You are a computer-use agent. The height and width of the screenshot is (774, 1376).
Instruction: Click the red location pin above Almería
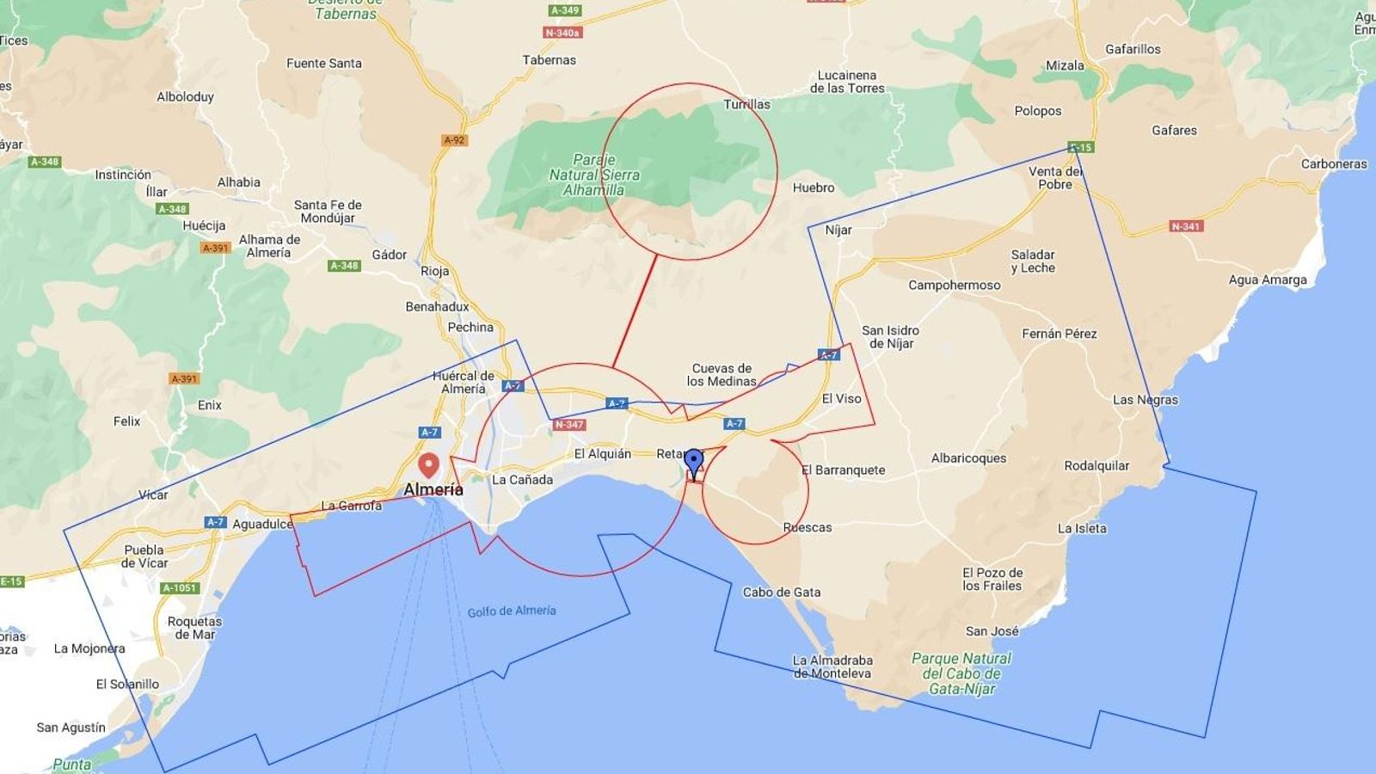point(428,465)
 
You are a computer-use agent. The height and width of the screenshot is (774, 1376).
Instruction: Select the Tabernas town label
point(549,60)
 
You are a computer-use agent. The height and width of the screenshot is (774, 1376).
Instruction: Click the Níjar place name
point(838,230)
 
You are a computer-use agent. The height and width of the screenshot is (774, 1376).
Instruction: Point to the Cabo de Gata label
point(782,592)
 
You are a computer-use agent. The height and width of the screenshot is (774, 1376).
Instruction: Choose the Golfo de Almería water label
point(512,611)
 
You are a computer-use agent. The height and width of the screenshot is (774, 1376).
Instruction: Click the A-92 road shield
point(454,140)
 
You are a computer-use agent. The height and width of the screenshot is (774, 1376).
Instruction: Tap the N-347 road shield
point(569,425)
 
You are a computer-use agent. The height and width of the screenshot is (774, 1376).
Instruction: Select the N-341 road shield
point(1186,227)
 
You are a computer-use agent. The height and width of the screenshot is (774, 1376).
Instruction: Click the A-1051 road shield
point(180,588)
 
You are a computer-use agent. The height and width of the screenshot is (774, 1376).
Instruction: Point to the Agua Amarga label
point(1267,279)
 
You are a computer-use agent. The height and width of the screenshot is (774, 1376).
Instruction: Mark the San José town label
point(992,631)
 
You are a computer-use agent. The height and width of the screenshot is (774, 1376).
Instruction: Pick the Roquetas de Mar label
point(195,628)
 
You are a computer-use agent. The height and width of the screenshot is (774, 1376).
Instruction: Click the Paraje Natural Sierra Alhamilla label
point(594,175)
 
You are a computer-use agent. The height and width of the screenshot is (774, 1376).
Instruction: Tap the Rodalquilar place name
point(1096,466)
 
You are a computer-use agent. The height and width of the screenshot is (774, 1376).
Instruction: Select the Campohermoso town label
point(954,286)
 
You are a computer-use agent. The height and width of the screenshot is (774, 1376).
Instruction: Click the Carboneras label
point(1333,164)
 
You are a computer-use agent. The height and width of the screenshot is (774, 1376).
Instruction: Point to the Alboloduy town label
point(185,97)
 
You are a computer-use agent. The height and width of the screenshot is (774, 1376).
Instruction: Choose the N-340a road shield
point(562,33)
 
